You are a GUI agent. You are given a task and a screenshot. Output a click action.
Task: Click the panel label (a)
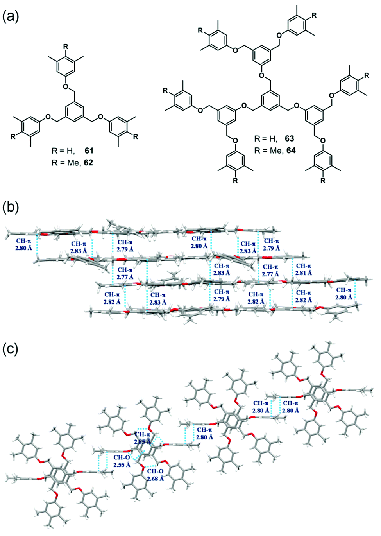pyautogui.click(x=11, y=17)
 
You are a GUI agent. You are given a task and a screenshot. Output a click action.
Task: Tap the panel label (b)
pyautogui.click(x=11, y=207)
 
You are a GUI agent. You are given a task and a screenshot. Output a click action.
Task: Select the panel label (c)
pyautogui.click(x=11, y=349)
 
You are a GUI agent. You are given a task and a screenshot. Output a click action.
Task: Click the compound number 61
pyautogui.click(x=88, y=151)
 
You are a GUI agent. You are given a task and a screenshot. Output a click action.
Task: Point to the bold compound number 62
pyautogui.click(x=88, y=162)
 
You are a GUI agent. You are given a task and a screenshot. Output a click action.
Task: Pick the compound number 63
pyautogui.click(x=290, y=138)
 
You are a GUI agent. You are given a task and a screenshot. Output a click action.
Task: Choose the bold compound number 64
pyautogui.click(x=290, y=150)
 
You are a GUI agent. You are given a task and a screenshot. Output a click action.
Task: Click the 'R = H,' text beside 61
pyautogui.click(x=63, y=151)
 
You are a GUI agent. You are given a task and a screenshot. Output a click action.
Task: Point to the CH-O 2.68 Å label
pyautogui.click(x=156, y=475)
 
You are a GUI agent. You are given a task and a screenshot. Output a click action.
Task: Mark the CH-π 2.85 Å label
pyautogui.click(x=142, y=438)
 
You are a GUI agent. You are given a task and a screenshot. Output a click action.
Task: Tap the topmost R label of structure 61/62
pyautogui.click(x=66, y=47)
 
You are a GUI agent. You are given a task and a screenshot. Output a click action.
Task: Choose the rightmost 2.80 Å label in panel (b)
pyautogui.click(x=344, y=294)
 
